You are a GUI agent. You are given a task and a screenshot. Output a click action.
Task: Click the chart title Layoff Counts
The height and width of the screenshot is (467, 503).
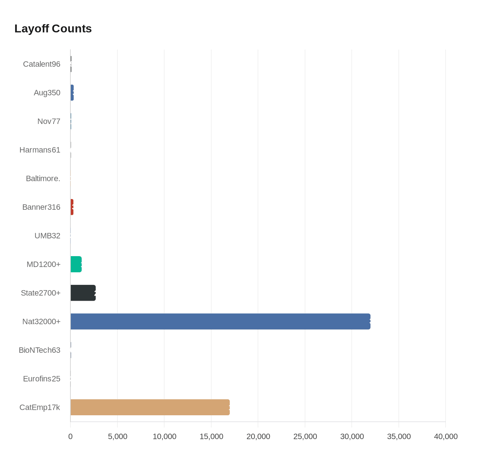(x=53, y=29)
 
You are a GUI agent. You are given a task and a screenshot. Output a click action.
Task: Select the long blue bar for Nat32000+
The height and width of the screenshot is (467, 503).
(x=220, y=322)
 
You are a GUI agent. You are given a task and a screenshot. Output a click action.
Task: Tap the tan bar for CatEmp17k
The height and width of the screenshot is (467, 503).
(x=150, y=407)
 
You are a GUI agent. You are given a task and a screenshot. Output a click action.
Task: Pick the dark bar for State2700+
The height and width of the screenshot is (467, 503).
(x=83, y=293)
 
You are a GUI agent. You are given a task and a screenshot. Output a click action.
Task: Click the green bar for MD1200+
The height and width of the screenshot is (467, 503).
(x=76, y=264)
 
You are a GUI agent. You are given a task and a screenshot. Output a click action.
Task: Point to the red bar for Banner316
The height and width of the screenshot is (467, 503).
(x=72, y=207)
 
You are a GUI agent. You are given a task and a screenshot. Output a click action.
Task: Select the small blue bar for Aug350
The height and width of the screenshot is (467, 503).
(x=72, y=93)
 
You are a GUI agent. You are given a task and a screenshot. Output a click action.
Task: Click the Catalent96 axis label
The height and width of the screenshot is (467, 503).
(x=42, y=64)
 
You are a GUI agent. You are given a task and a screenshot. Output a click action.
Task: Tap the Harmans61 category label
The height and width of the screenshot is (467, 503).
(x=40, y=150)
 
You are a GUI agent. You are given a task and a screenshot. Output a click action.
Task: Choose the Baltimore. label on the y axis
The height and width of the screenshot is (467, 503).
(x=43, y=179)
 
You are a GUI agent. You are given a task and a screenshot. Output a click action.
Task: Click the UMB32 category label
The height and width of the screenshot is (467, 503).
(x=47, y=236)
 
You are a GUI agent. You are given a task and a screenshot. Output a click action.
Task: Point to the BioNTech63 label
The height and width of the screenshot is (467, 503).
(x=40, y=350)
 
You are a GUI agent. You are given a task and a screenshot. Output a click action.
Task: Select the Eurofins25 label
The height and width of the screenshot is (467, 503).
(x=42, y=379)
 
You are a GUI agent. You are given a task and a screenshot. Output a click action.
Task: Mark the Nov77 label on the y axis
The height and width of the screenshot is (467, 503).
(x=49, y=121)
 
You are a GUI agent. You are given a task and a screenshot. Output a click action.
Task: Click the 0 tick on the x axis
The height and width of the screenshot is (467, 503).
(x=70, y=436)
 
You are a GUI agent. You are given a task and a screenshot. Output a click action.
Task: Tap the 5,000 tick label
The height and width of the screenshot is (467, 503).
(x=117, y=436)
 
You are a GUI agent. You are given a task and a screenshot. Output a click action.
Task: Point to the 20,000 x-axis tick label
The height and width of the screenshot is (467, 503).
(x=258, y=436)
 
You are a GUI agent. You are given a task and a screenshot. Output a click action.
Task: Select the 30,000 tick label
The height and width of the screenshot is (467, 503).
(x=352, y=436)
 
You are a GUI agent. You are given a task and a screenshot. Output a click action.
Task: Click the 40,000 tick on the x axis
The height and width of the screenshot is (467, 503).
(x=446, y=436)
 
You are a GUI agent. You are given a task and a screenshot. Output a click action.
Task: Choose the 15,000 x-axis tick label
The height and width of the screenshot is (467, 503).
(x=211, y=436)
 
